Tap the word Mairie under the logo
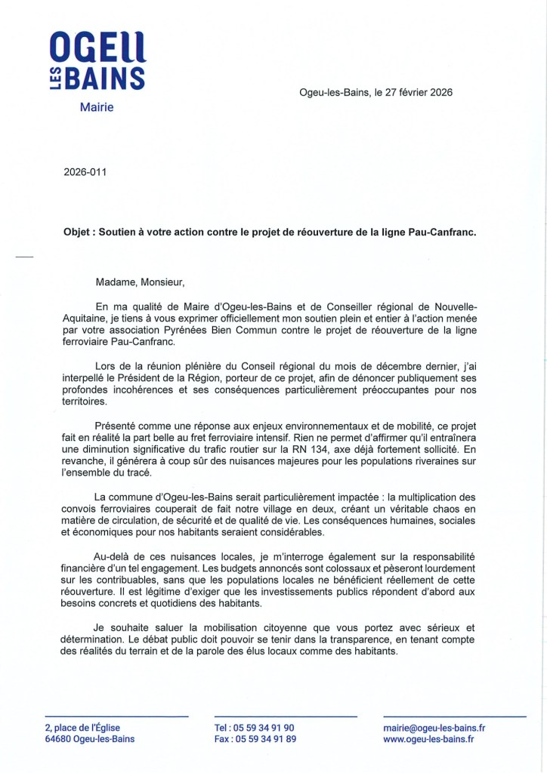pyautogui.click(x=97, y=107)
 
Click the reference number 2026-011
pyautogui.click(x=85, y=171)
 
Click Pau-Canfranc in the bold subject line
pyautogui.click(x=444, y=234)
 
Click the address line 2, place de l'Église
pyautogui.click(x=82, y=728)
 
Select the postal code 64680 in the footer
pyautogui.click(x=58, y=739)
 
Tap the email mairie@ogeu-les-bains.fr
pyautogui.click(x=434, y=728)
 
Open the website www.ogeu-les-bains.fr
pyautogui.click(x=428, y=739)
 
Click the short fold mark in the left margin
pyautogui.click(x=25, y=258)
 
